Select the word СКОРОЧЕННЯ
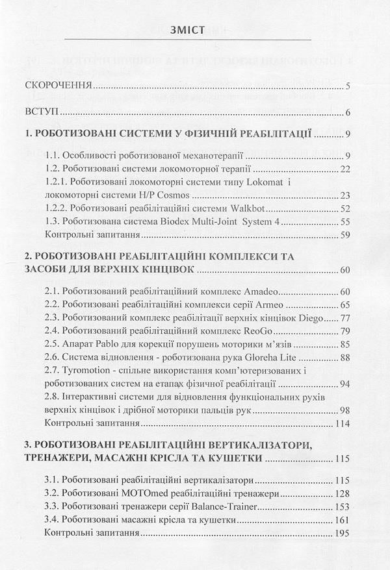pos(58,86)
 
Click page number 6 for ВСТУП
pos(348,112)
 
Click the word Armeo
pos(270,304)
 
